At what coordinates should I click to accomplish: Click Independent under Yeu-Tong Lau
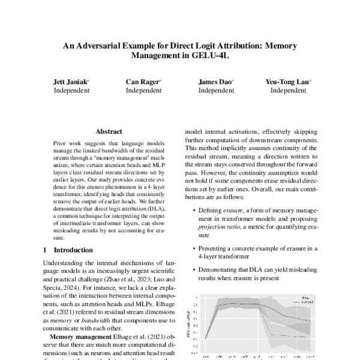288,91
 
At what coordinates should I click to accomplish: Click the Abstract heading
109,131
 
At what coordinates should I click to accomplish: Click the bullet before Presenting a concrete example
192,248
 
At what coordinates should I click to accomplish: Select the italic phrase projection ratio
216,228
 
